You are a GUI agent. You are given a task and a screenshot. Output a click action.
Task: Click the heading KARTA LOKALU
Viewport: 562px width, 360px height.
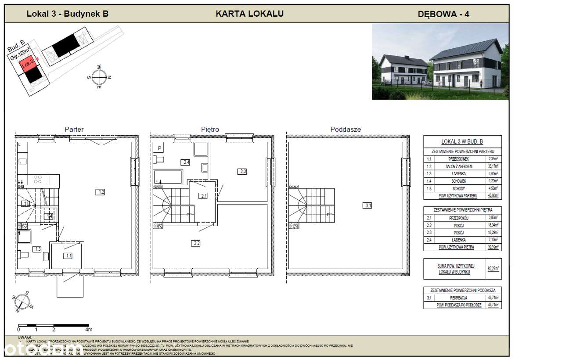tap(249, 14)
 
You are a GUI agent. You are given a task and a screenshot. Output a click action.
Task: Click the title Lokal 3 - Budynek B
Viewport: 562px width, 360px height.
tap(68, 14)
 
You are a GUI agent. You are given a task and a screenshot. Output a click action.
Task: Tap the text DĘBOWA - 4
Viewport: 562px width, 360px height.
tap(443, 14)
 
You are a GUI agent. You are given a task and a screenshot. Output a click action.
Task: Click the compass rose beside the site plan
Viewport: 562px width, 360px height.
tap(100, 77)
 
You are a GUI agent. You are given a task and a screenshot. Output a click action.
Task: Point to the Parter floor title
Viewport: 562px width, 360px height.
tap(74, 130)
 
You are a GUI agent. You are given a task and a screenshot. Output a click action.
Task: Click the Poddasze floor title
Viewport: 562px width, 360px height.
tap(346, 130)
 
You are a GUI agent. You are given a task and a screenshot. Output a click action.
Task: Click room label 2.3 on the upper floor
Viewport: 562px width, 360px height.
tap(243, 172)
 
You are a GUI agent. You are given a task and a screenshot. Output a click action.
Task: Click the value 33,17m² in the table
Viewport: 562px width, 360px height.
tap(493, 166)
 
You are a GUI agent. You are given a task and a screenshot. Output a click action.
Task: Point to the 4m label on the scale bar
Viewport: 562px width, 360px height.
tap(89, 329)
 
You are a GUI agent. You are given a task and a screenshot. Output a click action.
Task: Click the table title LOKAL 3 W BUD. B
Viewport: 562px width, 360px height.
tap(462, 141)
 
